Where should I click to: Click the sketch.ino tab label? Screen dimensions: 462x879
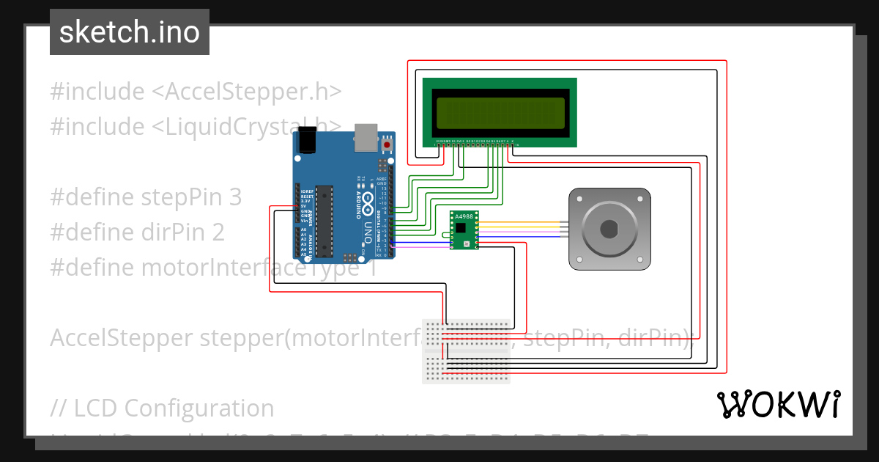(x=129, y=32)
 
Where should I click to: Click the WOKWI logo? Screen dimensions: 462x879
(x=779, y=404)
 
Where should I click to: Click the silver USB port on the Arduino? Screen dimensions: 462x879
(x=365, y=137)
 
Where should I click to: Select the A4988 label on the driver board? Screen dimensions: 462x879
(x=464, y=216)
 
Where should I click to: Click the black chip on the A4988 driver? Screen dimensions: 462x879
(x=461, y=228)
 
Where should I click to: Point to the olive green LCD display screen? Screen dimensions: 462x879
(x=500, y=113)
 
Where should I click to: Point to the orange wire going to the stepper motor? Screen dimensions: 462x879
(x=520, y=222)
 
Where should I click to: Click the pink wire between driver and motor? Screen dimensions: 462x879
(x=520, y=231)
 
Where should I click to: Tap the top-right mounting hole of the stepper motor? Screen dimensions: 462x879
(x=642, y=198)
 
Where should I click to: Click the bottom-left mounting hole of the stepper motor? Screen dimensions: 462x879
(x=579, y=260)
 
